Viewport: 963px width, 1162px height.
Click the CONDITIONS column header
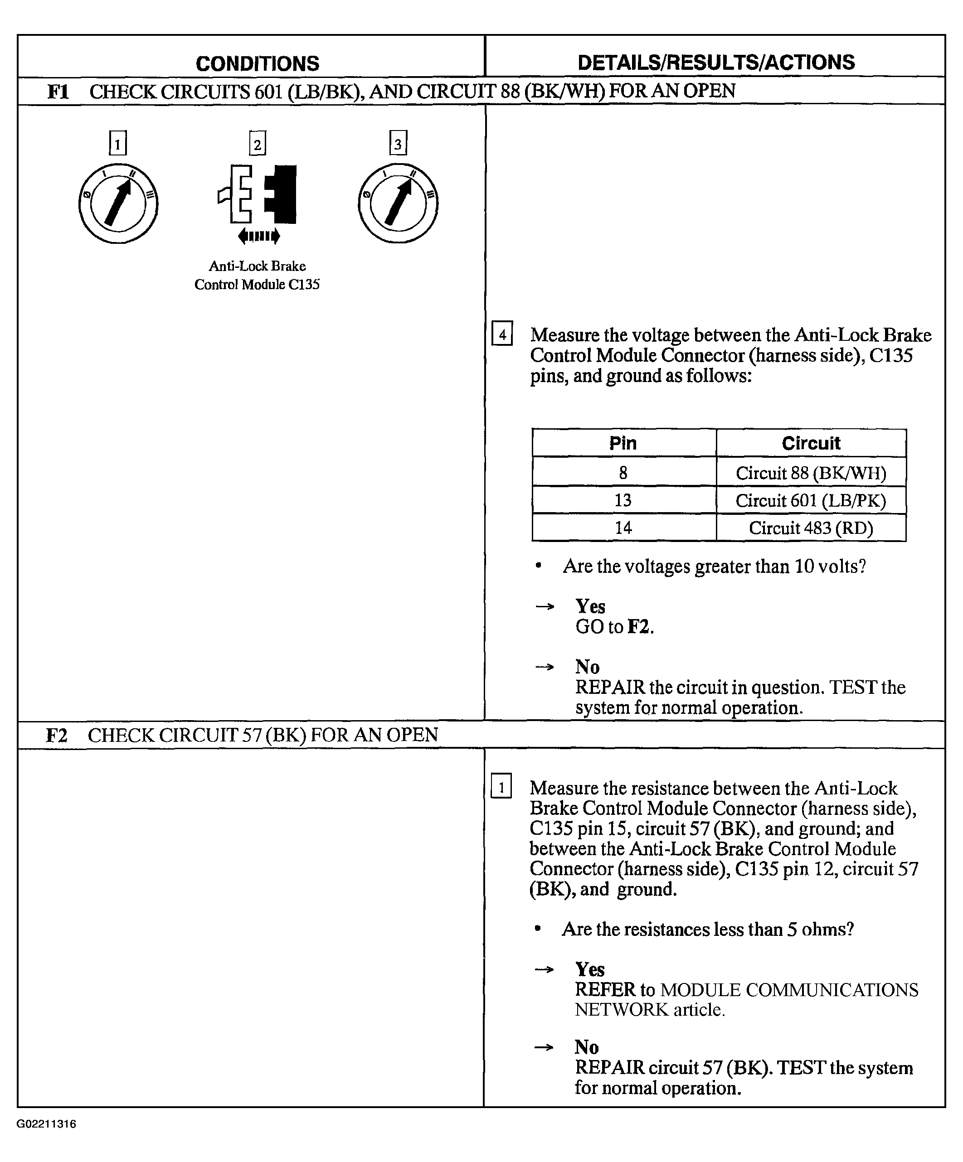[258, 63]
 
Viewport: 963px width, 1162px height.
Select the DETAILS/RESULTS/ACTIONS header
[715, 63]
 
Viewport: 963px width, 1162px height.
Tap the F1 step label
[58, 91]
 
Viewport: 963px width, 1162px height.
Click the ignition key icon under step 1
[118, 203]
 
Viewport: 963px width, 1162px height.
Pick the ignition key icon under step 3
[398, 203]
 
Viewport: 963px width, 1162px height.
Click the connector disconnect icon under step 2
[258, 194]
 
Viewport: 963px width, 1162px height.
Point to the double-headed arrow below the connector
[258, 236]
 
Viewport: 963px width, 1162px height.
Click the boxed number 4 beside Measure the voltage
[502, 334]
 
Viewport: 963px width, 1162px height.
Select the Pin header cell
[623, 443]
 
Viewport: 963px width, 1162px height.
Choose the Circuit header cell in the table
[811, 443]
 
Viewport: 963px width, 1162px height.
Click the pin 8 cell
[623, 473]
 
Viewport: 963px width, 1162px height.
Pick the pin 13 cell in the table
[623, 500]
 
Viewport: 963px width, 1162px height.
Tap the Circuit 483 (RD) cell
[811, 528]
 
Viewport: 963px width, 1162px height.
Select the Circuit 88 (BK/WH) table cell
[811, 473]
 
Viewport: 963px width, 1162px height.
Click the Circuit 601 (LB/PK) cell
[811, 501]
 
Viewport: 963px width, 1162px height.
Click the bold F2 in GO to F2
[639, 627]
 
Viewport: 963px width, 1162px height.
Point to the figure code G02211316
[47, 1124]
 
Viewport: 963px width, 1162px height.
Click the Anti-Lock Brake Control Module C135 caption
[258, 275]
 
